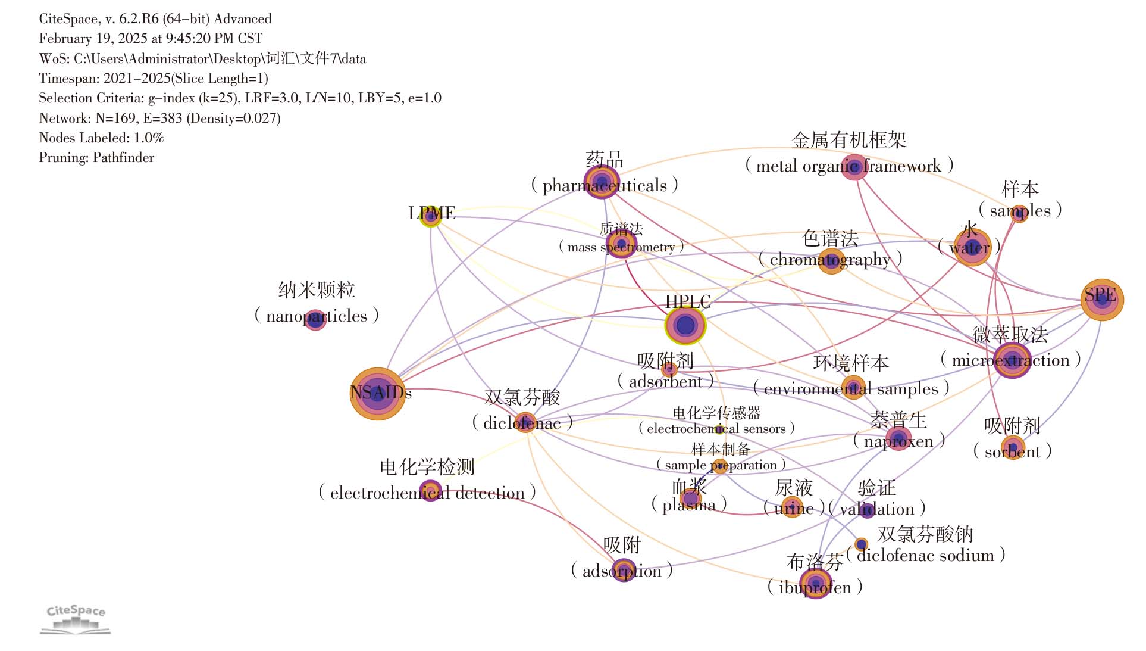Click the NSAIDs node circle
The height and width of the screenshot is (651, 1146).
click(x=377, y=394)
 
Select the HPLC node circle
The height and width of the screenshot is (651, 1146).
click(x=685, y=325)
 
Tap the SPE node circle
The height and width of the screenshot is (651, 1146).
click(x=1102, y=300)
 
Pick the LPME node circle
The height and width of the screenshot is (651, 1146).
click(x=431, y=216)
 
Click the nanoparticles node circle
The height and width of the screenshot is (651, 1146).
click(x=315, y=319)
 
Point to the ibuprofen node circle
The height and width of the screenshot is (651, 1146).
click(x=815, y=583)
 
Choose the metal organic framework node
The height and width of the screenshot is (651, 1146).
click(x=854, y=167)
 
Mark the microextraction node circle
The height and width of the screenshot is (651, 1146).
click(x=1012, y=360)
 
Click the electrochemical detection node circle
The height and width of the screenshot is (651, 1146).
click(x=430, y=491)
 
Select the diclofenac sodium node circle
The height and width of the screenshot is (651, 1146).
click(x=861, y=544)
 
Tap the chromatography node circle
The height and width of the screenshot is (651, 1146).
click(x=831, y=261)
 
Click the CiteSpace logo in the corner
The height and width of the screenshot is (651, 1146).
click(x=76, y=619)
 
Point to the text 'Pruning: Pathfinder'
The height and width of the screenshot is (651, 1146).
click(x=96, y=158)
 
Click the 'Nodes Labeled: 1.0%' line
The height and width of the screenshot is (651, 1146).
click(x=101, y=138)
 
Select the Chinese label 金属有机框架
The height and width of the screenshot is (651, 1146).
click(x=849, y=141)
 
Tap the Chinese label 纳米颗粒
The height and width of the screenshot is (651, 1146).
click(x=317, y=290)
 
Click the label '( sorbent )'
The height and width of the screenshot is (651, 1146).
click(x=1012, y=451)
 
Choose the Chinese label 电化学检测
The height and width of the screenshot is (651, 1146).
click(x=427, y=467)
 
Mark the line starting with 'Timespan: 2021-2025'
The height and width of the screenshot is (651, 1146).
click(x=154, y=79)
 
